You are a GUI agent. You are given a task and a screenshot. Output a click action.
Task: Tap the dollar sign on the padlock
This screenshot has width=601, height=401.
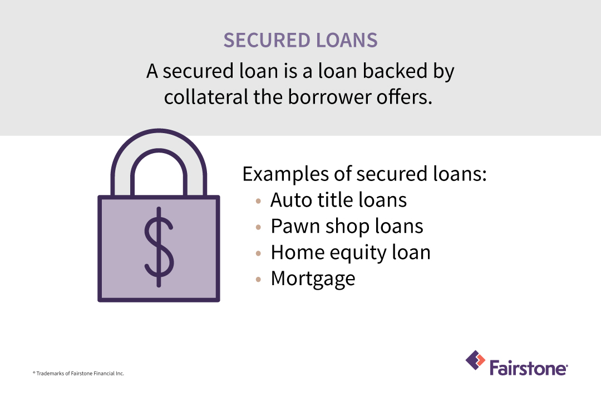point(159,247)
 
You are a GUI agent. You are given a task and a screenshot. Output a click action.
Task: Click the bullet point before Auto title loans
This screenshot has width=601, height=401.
point(258,200)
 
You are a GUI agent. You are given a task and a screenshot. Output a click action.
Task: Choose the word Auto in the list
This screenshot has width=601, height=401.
point(289,199)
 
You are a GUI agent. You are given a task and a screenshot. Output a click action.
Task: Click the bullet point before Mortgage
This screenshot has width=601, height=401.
point(258,280)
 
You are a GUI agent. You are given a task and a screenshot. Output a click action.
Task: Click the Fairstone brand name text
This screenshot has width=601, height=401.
point(528,368)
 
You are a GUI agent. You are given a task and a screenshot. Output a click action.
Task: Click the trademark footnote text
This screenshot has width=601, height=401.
point(78,374)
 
